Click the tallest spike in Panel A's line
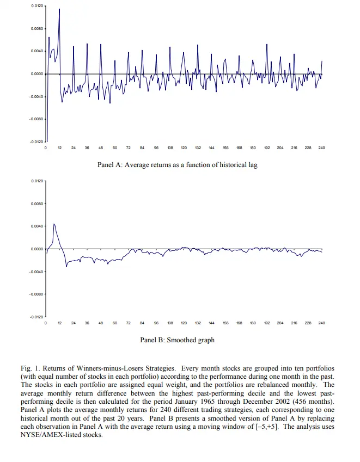(59, 9)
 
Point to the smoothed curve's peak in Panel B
(53, 224)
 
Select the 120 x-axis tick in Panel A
(184, 147)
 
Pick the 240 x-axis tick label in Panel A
(321, 147)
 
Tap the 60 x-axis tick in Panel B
(115, 323)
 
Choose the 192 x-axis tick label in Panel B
(267, 323)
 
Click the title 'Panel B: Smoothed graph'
(177, 340)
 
